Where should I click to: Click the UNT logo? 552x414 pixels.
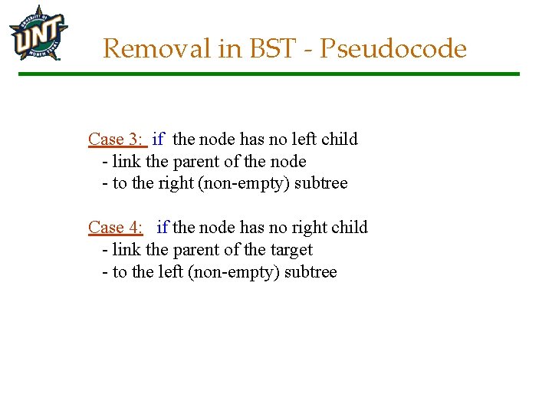(38, 34)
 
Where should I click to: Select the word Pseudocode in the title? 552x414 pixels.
(393, 49)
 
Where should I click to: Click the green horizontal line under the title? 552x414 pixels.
(268, 74)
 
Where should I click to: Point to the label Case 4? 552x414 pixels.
(116, 228)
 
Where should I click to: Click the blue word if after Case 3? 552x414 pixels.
(158, 140)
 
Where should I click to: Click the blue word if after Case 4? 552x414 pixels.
(162, 228)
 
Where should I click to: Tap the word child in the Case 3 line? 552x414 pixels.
(340, 140)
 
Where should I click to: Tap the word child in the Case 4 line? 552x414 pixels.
(350, 228)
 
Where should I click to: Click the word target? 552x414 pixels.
(291, 250)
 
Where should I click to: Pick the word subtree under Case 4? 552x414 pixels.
(310, 272)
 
